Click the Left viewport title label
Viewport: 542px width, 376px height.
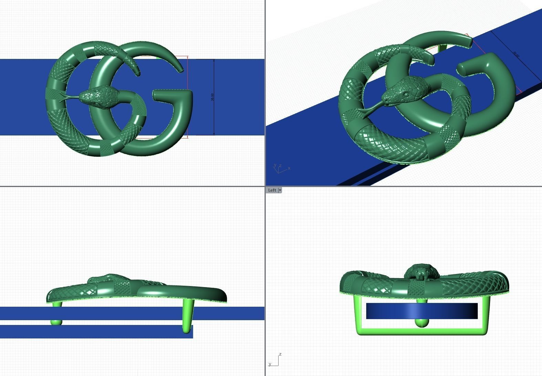(x=272, y=190)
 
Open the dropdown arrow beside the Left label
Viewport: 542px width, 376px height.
(x=280, y=190)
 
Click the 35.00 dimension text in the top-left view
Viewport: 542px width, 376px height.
(x=212, y=97)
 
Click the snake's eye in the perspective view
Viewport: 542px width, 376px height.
(x=407, y=94)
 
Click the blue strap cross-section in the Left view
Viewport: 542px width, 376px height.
(x=421, y=311)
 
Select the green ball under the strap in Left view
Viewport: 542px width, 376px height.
(x=422, y=323)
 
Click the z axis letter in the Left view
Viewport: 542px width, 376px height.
(x=281, y=354)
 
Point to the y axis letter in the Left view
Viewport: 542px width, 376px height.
(x=270, y=364)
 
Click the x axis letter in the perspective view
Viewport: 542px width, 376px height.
(x=289, y=168)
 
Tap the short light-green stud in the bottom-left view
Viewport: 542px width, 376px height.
(x=56, y=322)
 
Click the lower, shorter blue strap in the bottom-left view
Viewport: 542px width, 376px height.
(x=96, y=332)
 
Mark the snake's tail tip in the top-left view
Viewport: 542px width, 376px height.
(x=138, y=73)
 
